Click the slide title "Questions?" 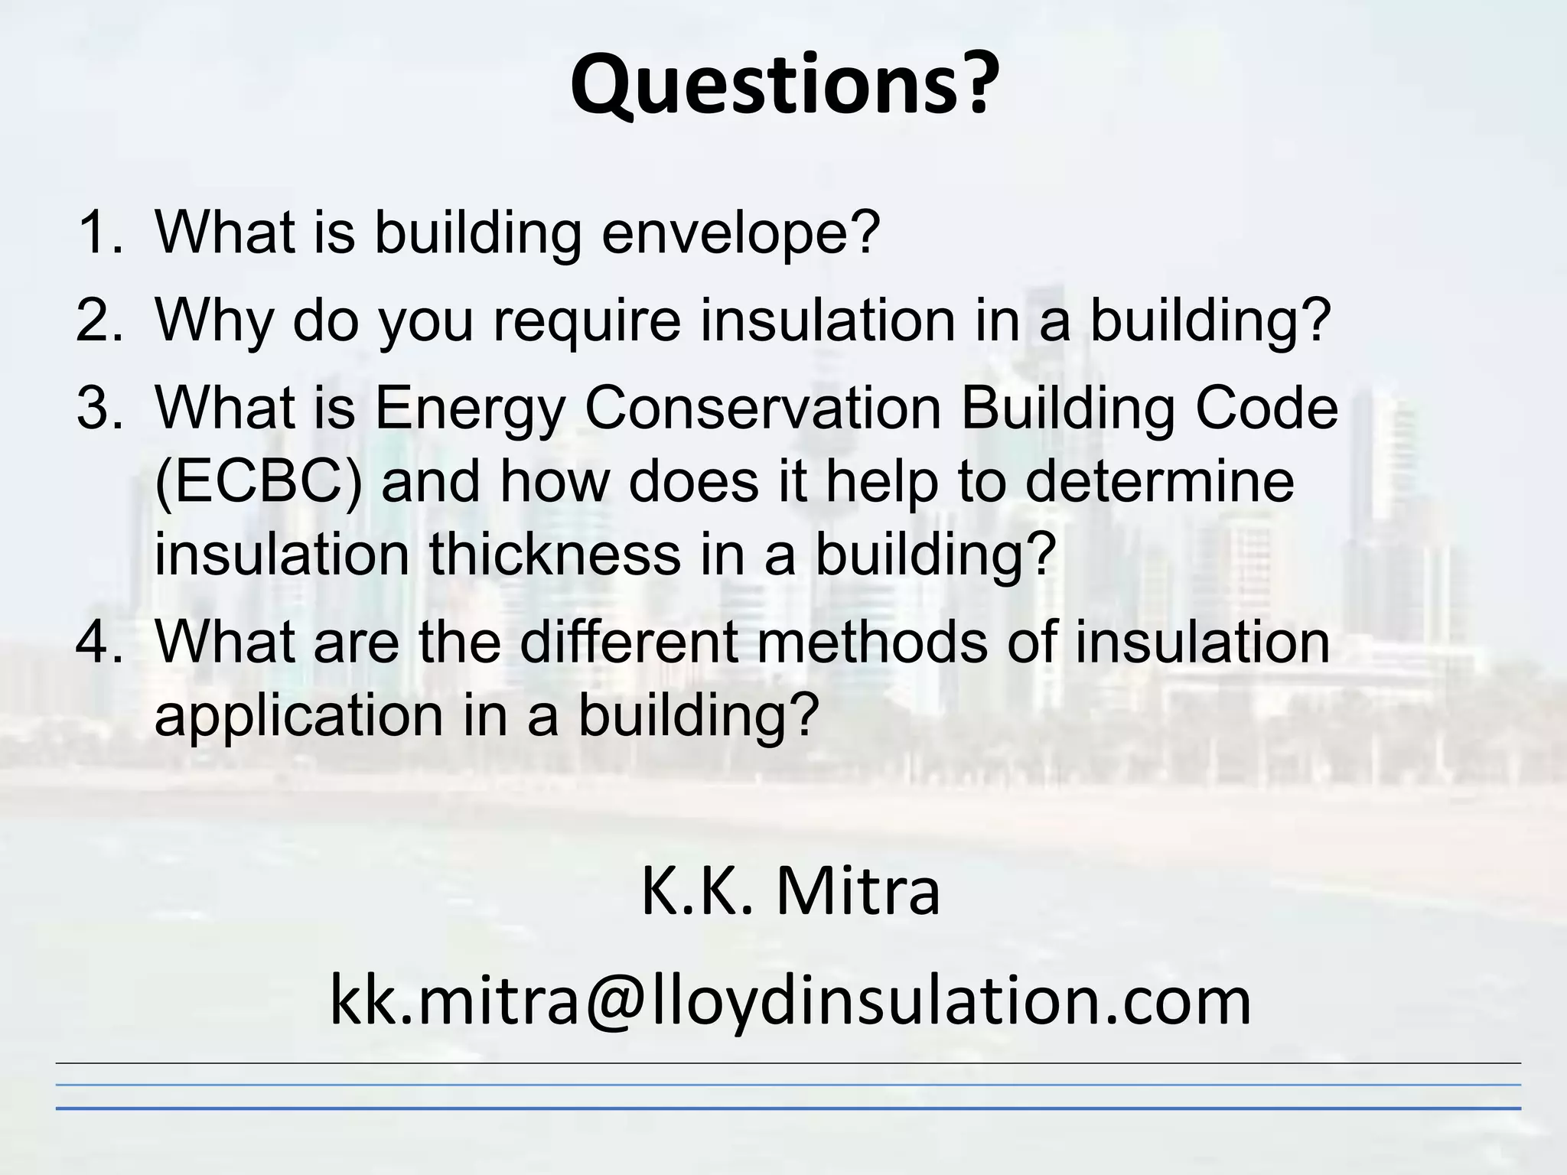tap(784, 84)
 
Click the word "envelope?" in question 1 tap(741, 233)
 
